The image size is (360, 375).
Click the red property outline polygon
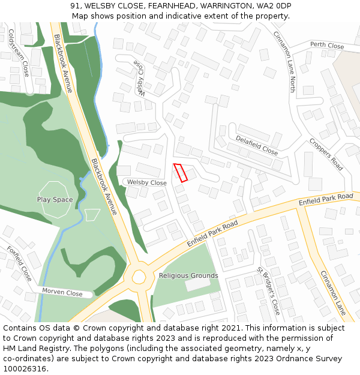coord(181,172)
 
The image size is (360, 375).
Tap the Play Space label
coord(55,200)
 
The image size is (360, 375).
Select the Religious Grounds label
coord(188,276)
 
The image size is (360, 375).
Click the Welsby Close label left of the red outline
coord(146,182)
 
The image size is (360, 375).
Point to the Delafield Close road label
coord(257,145)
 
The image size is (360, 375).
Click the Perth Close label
coord(327,46)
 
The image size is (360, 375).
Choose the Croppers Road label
coord(326,154)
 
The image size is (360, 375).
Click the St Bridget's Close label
coord(268,291)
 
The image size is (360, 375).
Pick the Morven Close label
coord(62,292)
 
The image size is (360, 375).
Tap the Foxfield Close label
coord(19,263)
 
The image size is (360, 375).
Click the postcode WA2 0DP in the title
coord(274,6)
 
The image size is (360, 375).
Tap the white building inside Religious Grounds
coord(197,284)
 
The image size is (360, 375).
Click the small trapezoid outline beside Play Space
coord(92,214)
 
